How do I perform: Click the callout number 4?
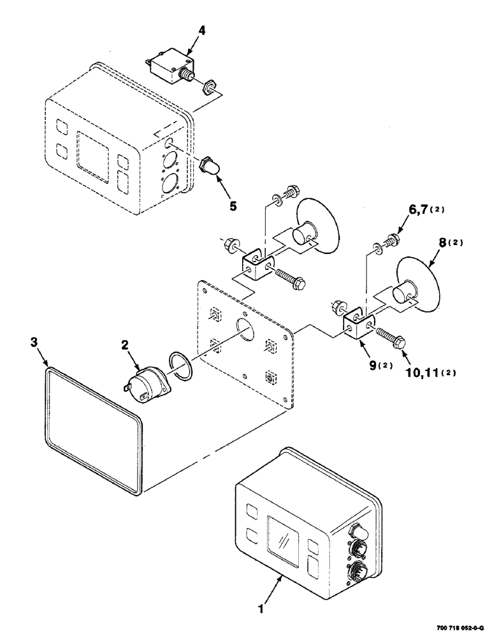tap(201, 31)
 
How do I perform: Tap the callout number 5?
tap(233, 206)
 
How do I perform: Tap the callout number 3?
tap(34, 342)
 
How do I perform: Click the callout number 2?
tap(124, 345)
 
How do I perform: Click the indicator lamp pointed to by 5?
tap(212, 167)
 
